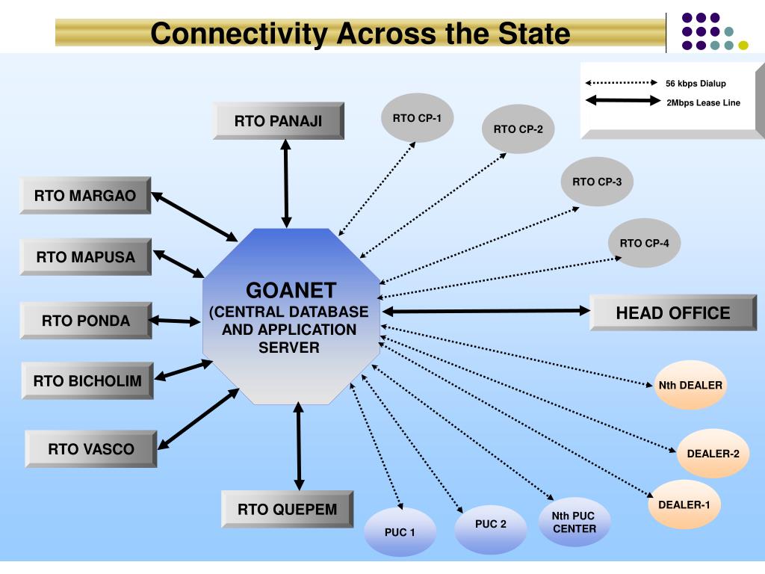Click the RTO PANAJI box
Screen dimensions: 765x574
pyautogui.click(x=279, y=121)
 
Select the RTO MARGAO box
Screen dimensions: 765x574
pyautogui.click(x=85, y=195)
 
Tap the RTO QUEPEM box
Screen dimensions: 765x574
pyautogui.click(x=288, y=509)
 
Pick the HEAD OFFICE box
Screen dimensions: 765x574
pyautogui.click(x=673, y=313)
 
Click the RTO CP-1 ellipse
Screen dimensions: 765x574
pyautogui.click(x=417, y=117)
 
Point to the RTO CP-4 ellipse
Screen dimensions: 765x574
pyautogui.click(x=644, y=243)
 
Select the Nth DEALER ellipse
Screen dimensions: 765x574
pyautogui.click(x=690, y=385)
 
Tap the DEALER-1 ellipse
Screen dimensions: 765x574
pyautogui.click(x=684, y=504)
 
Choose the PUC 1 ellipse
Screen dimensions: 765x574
pyautogui.click(x=400, y=532)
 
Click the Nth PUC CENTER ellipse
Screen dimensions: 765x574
pyautogui.click(x=574, y=522)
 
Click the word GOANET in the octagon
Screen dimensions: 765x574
pyautogui.click(x=291, y=291)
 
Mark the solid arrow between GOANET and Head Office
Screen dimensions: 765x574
pyautogui.click(x=486, y=311)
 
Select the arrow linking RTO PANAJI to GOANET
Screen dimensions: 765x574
pyautogui.click(x=286, y=184)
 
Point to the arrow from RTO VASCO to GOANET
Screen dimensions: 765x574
pyautogui.click(x=198, y=419)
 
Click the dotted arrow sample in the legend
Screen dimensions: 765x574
pyautogui.click(x=622, y=82)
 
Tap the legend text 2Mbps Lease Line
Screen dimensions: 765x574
pyautogui.click(x=703, y=102)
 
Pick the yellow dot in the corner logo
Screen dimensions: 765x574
pyautogui.click(x=743, y=46)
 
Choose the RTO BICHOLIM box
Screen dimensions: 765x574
pyautogui.click(x=88, y=380)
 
